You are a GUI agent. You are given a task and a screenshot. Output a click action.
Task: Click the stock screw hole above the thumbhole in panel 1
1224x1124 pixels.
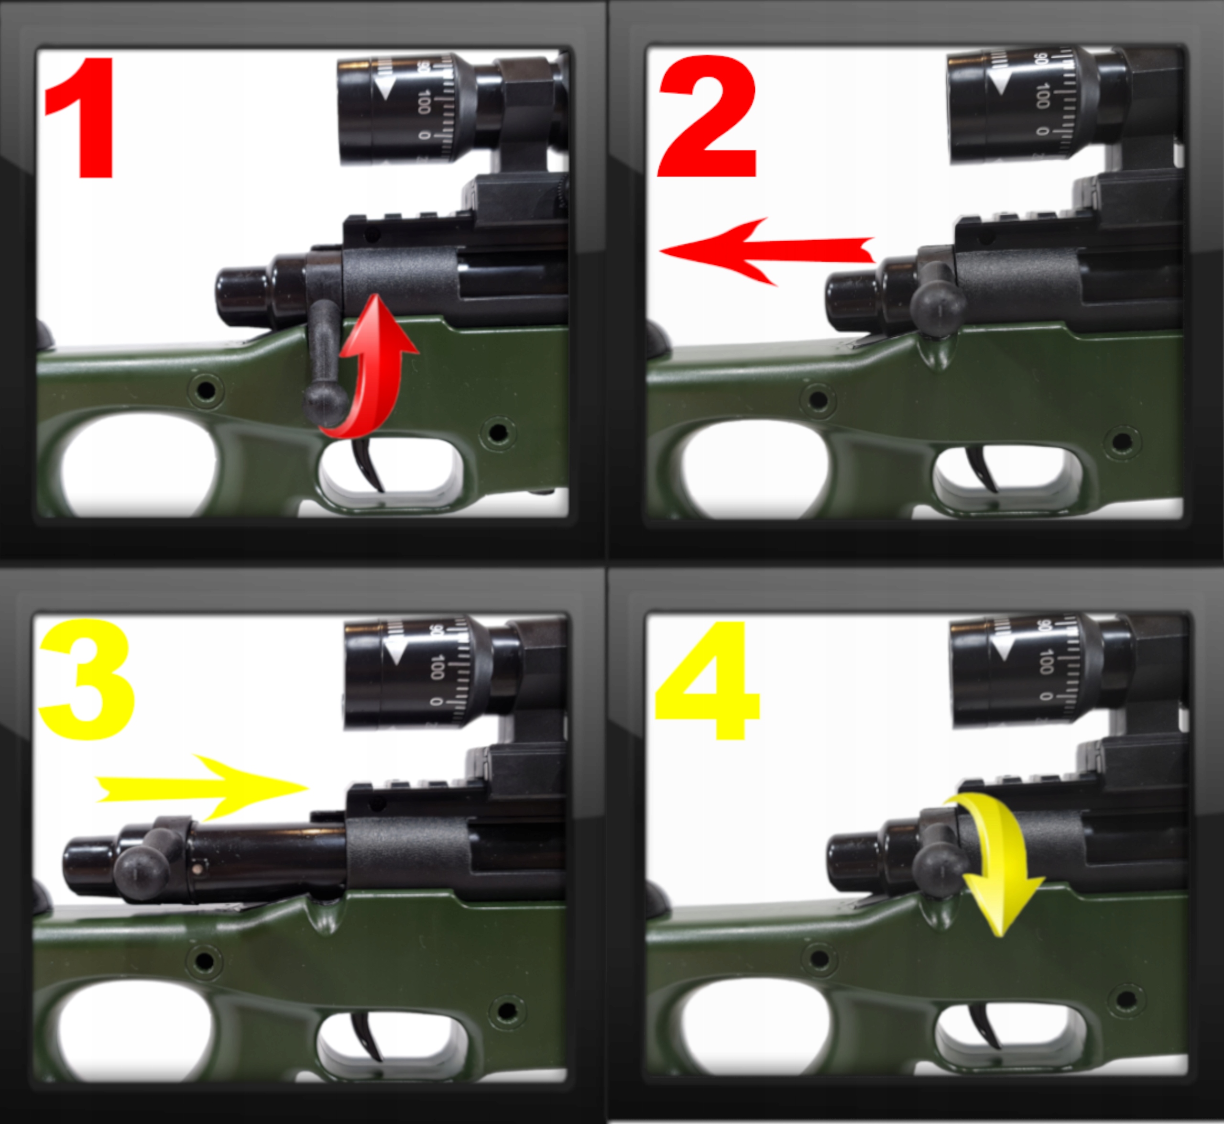tap(206, 389)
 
